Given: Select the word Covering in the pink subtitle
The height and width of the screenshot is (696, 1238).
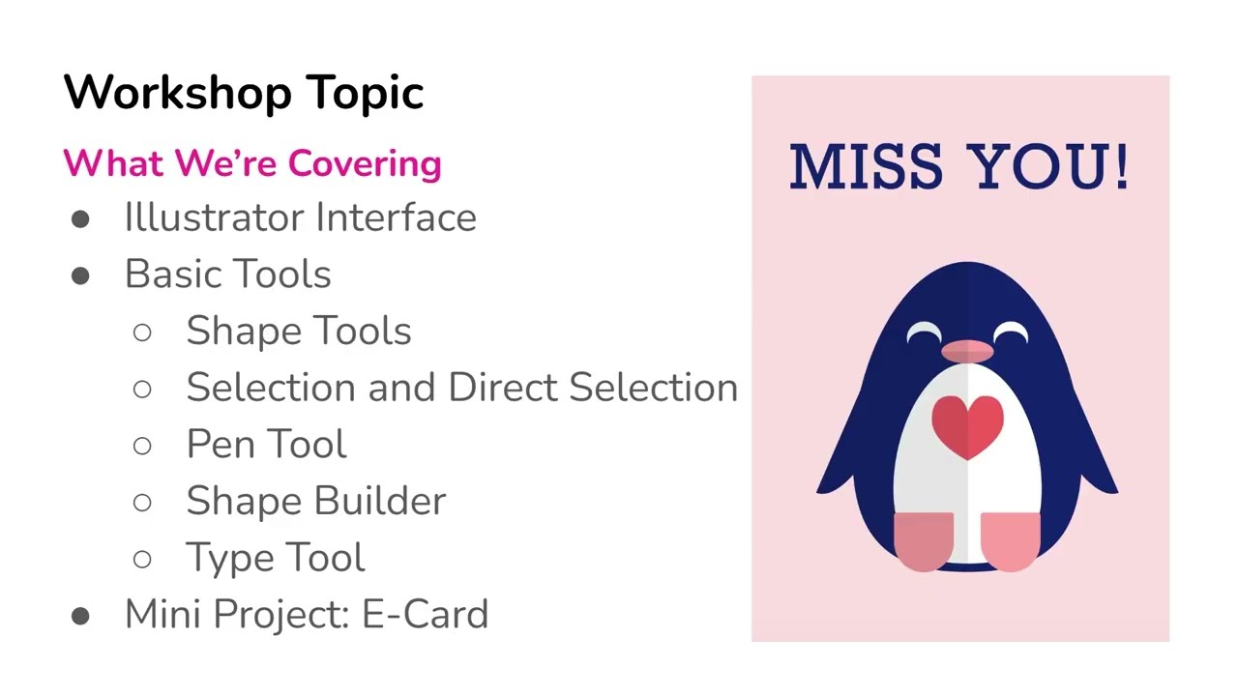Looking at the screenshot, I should pos(364,164).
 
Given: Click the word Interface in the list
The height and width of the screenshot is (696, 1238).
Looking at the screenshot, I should pos(396,217).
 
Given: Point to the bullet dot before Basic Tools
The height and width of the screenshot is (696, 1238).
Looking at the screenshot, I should pos(80,275).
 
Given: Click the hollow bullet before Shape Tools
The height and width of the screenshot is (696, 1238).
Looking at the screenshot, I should pos(142,333).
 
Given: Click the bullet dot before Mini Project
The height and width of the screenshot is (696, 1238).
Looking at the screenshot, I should pos(80,616).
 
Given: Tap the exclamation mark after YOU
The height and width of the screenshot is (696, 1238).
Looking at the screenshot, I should pos(1121,166).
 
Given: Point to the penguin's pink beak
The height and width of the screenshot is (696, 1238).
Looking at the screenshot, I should pos(967,351).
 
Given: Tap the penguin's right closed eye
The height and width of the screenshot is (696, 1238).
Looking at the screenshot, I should pos(1011,333).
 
